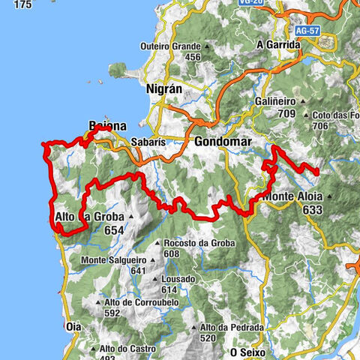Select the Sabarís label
[x=143, y=141]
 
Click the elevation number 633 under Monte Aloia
[x=313, y=211]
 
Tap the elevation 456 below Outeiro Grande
[x=193, y=57]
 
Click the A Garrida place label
[x=278, y=44]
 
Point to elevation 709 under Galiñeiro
[x=285, y=114]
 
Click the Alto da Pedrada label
[x=231, y=327]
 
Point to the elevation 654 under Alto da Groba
[x=114, y=230]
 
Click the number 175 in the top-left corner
[x=22, y=4]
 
